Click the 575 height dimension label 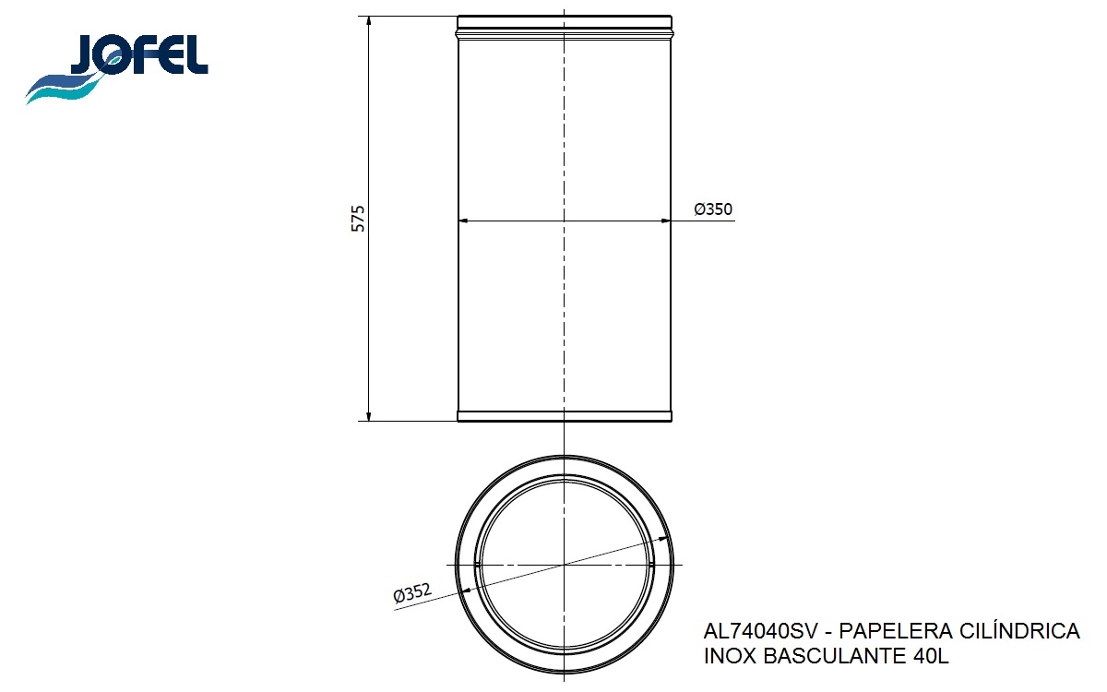[x=359, y=218]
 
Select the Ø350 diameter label [x=713, y=210]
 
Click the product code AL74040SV [x=756, y=632]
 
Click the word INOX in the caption [x=730, y=658]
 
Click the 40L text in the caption [x=931, y=658]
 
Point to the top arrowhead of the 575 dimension [x=369, y=21]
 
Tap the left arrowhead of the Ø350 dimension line [x=464, y=221]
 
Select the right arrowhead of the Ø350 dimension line [x=665, y=221]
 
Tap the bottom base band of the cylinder [x=565, y=416]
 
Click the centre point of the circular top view [x=565, y=564]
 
